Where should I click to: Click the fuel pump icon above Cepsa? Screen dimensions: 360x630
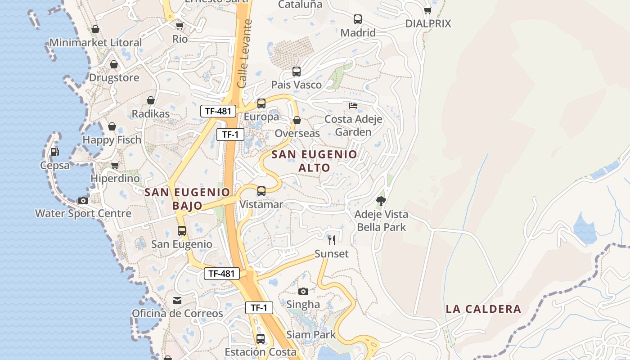click(x=54, y=152)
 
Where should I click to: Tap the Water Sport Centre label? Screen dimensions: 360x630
click(x=83, y=213)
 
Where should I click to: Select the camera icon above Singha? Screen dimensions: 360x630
click(x=303, y=291)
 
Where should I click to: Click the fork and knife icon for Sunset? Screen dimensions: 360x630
click(x=332, y=240)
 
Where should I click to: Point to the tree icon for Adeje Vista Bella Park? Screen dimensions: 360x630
click(x=381, y=201)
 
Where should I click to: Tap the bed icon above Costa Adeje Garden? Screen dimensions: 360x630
click(x=353, y=106)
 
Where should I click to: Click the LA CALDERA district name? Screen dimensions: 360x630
click(x=483, y=309)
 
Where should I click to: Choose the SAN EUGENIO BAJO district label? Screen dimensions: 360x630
click(x=187, y=199)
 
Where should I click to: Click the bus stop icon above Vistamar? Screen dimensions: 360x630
click(x=261, y=191)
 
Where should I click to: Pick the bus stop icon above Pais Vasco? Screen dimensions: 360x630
click(x=296, y=72)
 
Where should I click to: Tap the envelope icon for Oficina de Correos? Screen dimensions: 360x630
click(x=177, y=300)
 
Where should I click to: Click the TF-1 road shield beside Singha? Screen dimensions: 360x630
click(x=259, y=308)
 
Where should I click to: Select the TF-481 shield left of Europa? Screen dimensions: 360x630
click(x=218, y=111)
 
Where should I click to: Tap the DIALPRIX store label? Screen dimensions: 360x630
click(x=428, y=23)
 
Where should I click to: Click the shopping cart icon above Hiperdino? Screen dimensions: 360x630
click(x=115, y=165)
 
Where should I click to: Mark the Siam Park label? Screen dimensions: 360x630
click(x=311, y=335)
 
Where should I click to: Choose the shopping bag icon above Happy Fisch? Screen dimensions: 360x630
click(x=112, y=126)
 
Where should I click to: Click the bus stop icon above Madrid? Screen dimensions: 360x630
click(x=358, y=19)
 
